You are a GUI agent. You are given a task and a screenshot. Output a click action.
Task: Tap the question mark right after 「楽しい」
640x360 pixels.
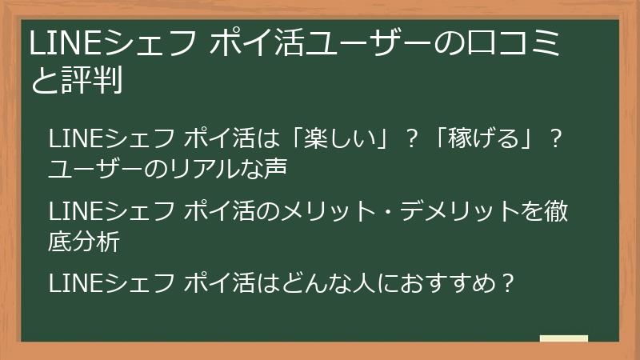pyautogui.click(x=413, y=139)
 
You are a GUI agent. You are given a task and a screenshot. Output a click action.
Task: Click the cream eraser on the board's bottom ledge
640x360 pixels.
pyautogui.click(x=563, y=339)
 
